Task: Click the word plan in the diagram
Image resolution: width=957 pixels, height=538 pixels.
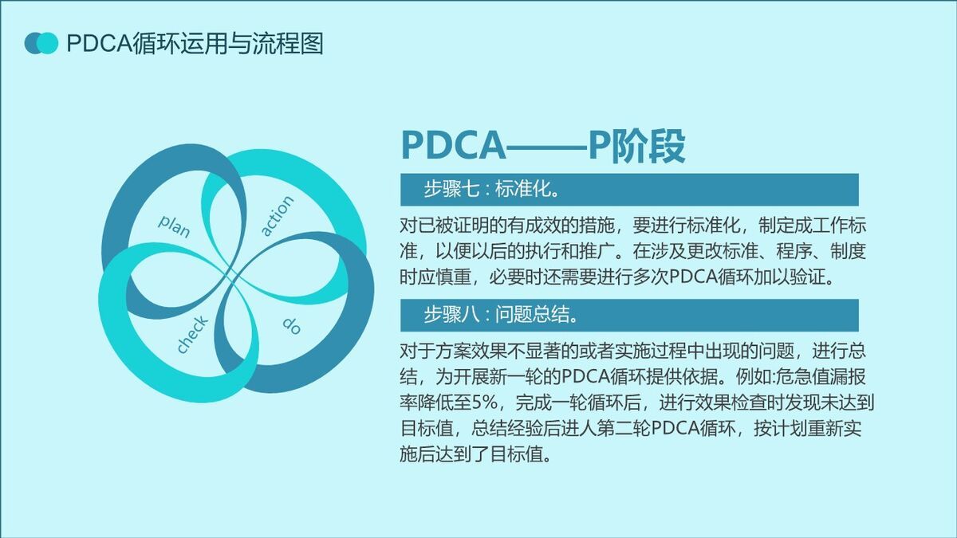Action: [175, 226]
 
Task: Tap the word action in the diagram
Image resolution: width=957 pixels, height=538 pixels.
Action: [278, 216]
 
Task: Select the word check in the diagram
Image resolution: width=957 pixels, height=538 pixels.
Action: [192, 335]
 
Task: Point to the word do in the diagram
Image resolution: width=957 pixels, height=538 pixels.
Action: [291, 325]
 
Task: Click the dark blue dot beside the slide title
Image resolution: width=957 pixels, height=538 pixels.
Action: [33, 43]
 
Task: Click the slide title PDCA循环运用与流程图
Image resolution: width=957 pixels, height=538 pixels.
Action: [195, 43]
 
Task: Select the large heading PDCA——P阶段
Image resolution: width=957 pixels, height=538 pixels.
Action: [542, 144]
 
